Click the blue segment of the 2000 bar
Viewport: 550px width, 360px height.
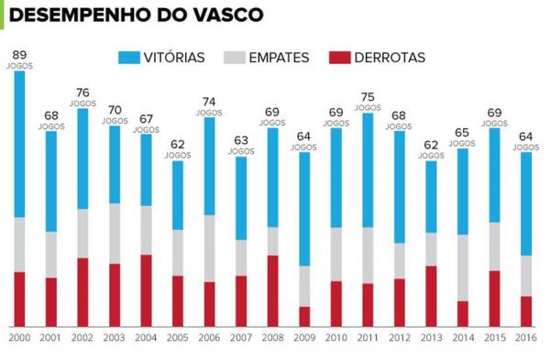pos(19,144)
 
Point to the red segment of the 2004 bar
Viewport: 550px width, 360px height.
pos(146,289)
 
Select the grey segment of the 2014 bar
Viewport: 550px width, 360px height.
pos(462,267)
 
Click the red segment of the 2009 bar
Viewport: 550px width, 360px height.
pos(304,316)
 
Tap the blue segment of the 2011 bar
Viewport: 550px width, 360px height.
pos(367,170)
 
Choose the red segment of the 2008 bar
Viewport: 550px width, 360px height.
pos(272,290)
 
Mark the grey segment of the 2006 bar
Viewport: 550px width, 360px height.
pos(209,248)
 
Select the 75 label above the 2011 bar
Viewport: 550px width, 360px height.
pos(367,96)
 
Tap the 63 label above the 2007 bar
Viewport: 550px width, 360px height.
pos(240,140)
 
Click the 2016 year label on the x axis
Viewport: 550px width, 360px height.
pos(525,338)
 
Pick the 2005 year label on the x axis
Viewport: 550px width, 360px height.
pos(177,338)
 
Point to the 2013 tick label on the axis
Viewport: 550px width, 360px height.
pos(430,338)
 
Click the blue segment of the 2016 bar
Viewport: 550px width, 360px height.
pos(525,203)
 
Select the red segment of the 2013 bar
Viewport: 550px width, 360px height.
pos(430,296)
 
